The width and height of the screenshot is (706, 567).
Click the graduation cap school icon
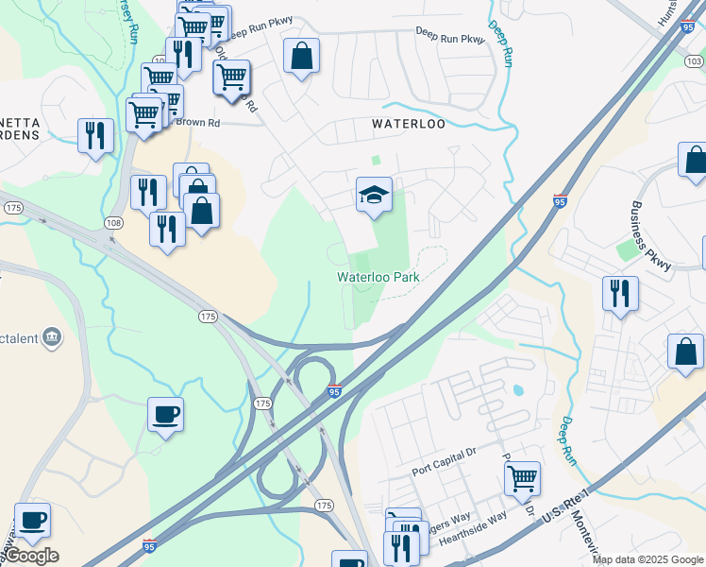374,196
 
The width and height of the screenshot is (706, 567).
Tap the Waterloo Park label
378,278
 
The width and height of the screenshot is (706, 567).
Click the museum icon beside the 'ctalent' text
52,336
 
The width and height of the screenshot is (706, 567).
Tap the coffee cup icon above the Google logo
32,521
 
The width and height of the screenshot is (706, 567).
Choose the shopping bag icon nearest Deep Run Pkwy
301,57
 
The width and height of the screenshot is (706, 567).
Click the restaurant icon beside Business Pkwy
619,292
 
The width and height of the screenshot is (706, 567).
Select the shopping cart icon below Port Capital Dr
521,478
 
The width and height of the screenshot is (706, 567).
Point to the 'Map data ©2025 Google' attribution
647,559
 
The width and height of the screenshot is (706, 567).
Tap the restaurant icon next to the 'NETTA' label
94,135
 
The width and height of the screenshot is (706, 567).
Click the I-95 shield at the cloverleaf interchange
334,390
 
